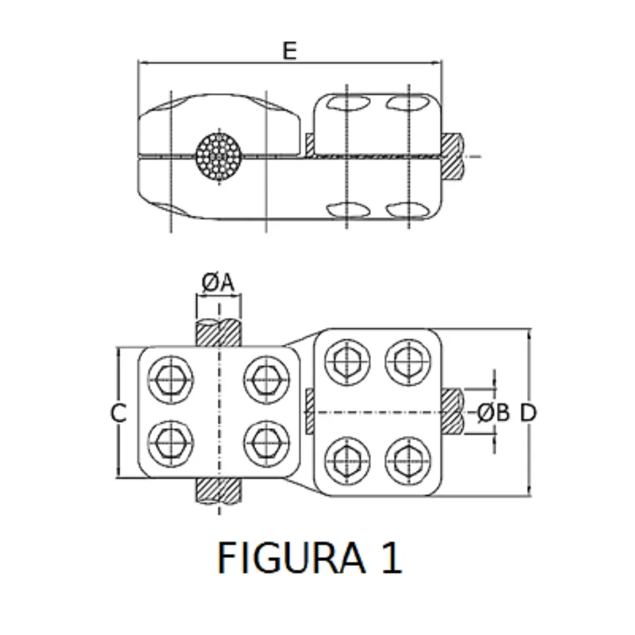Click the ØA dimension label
218,283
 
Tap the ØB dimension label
493,413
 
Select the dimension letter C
119,413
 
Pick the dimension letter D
528,413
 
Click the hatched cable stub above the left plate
218,333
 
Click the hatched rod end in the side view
453,156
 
